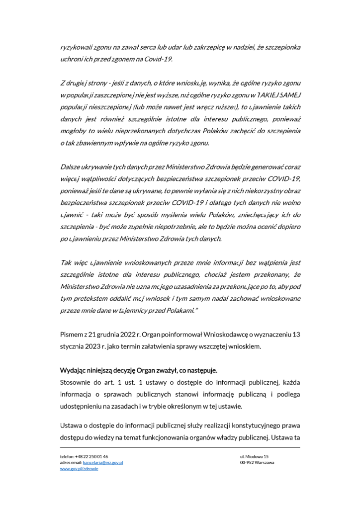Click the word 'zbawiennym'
[x=99, y=143]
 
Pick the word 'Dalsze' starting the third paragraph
[x=71, y=167]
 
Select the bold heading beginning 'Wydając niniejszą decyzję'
[x=139, y=370]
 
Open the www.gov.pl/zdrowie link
[x=79, y=469]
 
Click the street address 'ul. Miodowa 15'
[x=254, y=456]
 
